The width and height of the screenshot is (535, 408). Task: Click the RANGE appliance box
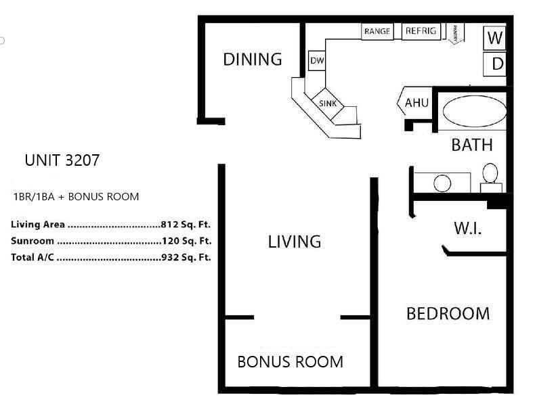click(x=377, y=31)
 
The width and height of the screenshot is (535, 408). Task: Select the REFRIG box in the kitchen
click(x=421, y=31)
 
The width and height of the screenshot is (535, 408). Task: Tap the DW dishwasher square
click(x=317, y=61)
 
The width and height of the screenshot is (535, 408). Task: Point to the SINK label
click(x=328, y=104)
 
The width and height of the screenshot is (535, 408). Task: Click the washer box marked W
click(x=495, y=37)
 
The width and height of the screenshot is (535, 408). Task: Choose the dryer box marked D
click(x=495, y=64)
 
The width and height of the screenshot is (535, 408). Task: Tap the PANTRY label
click(x=455, y=33)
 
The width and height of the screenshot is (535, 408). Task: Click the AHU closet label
click(x=416, y=103)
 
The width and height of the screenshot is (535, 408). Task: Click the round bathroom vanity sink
click(x=442, y=183)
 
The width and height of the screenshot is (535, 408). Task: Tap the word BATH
click(x=472, y=145)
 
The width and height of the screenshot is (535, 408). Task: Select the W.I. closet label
click(x=468, y=229)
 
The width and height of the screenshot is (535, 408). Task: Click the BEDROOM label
click(x=448, y=313)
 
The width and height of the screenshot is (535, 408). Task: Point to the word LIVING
click(x=295, y=242)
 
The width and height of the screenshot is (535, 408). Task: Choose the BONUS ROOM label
click(x=291, y=362)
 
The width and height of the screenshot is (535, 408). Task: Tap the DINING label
click(x=253, y=60)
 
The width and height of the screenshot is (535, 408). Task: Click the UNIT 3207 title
click(x=62, y=160)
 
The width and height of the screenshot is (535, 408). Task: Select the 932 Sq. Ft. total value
click(x=186, y=257)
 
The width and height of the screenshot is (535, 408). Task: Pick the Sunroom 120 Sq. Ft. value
click(x=187, y=241)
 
